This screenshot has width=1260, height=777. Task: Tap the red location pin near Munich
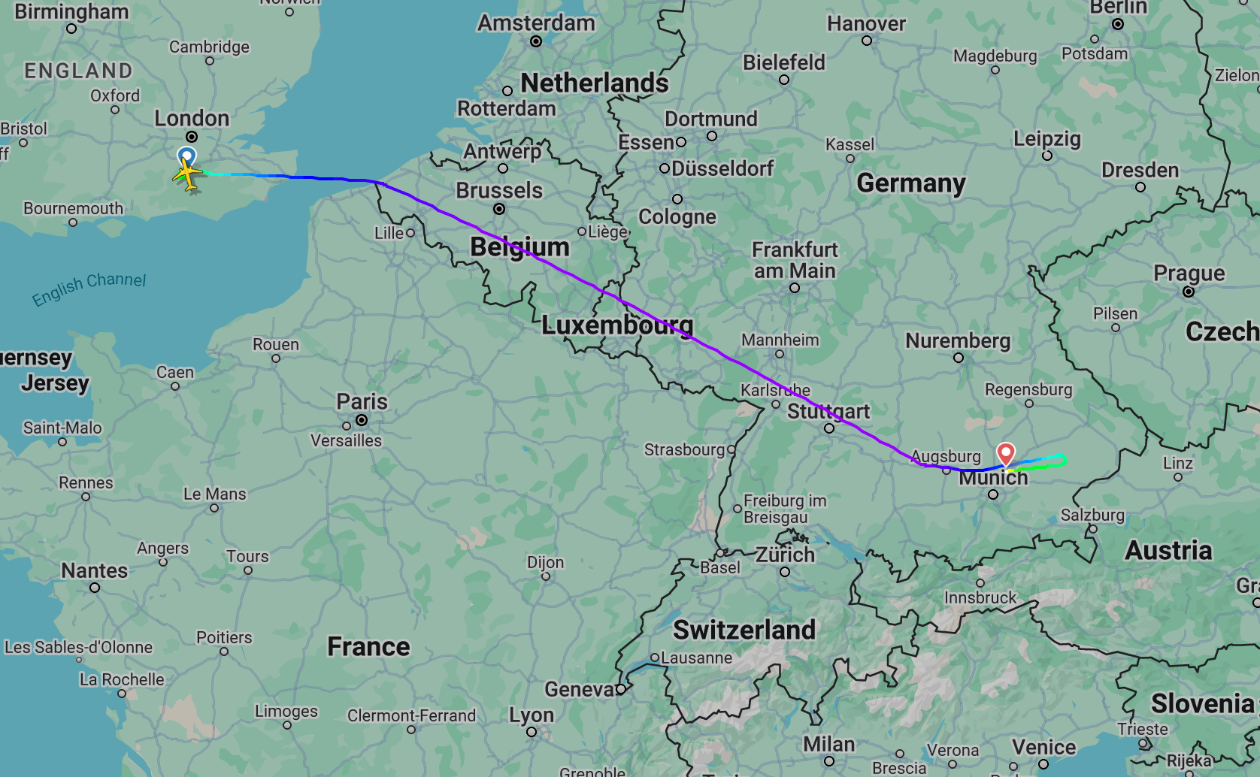[1005, 453]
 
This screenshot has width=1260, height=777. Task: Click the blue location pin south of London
[186, 156]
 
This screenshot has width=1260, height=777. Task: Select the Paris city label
[362, 401]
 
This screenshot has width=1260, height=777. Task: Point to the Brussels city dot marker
[499, 209]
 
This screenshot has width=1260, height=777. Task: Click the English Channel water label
[89, 289]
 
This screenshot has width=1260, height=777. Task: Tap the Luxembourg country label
[616, 325]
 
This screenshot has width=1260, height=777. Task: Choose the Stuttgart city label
[828, 411]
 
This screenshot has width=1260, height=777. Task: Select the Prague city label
[1189, 273]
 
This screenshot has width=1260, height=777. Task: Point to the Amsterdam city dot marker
[536, 41]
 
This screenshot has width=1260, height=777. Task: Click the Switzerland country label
[744, 630]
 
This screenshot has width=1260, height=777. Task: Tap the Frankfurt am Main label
[795, 260]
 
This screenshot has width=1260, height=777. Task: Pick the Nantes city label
[94, 571]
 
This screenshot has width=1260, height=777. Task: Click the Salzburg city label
[1092, 515]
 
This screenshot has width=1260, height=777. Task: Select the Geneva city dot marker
[620, 689]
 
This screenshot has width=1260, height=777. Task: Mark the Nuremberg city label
[957, 340]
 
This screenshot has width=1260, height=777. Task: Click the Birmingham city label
[71, 12]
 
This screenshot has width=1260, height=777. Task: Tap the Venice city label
[1043, 747]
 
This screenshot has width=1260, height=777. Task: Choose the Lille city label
[389, 233]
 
